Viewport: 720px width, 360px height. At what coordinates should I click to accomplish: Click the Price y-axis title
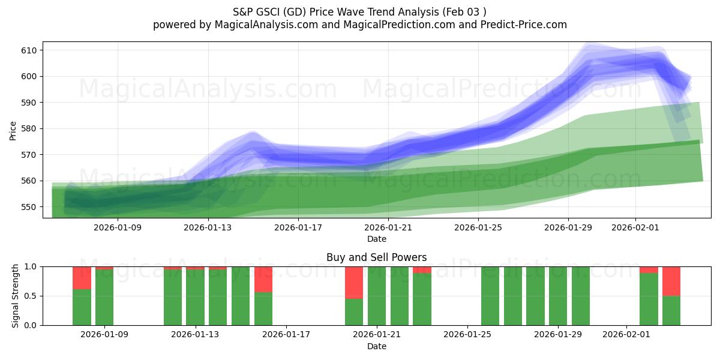[13, 130]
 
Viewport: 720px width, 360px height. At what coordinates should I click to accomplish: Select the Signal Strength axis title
[16, 296]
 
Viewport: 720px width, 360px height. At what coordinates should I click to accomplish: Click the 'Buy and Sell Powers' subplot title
[376, 257]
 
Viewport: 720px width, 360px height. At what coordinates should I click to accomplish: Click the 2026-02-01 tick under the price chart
[635, 227]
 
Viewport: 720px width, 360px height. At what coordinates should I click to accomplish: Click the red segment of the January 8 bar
[82, 278]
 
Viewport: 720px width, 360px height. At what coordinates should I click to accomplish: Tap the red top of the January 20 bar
[354, 282]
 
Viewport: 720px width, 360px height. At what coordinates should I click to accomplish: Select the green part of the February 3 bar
[671, 310]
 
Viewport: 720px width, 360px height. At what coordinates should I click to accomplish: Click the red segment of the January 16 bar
[263, 279]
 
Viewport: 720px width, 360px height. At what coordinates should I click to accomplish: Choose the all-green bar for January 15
[241, 296]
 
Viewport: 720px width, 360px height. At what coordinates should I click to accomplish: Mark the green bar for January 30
[581, 296]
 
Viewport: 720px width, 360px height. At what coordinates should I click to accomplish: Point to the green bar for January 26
[490, 296]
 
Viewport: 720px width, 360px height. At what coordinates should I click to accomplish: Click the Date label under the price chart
[376, 239]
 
